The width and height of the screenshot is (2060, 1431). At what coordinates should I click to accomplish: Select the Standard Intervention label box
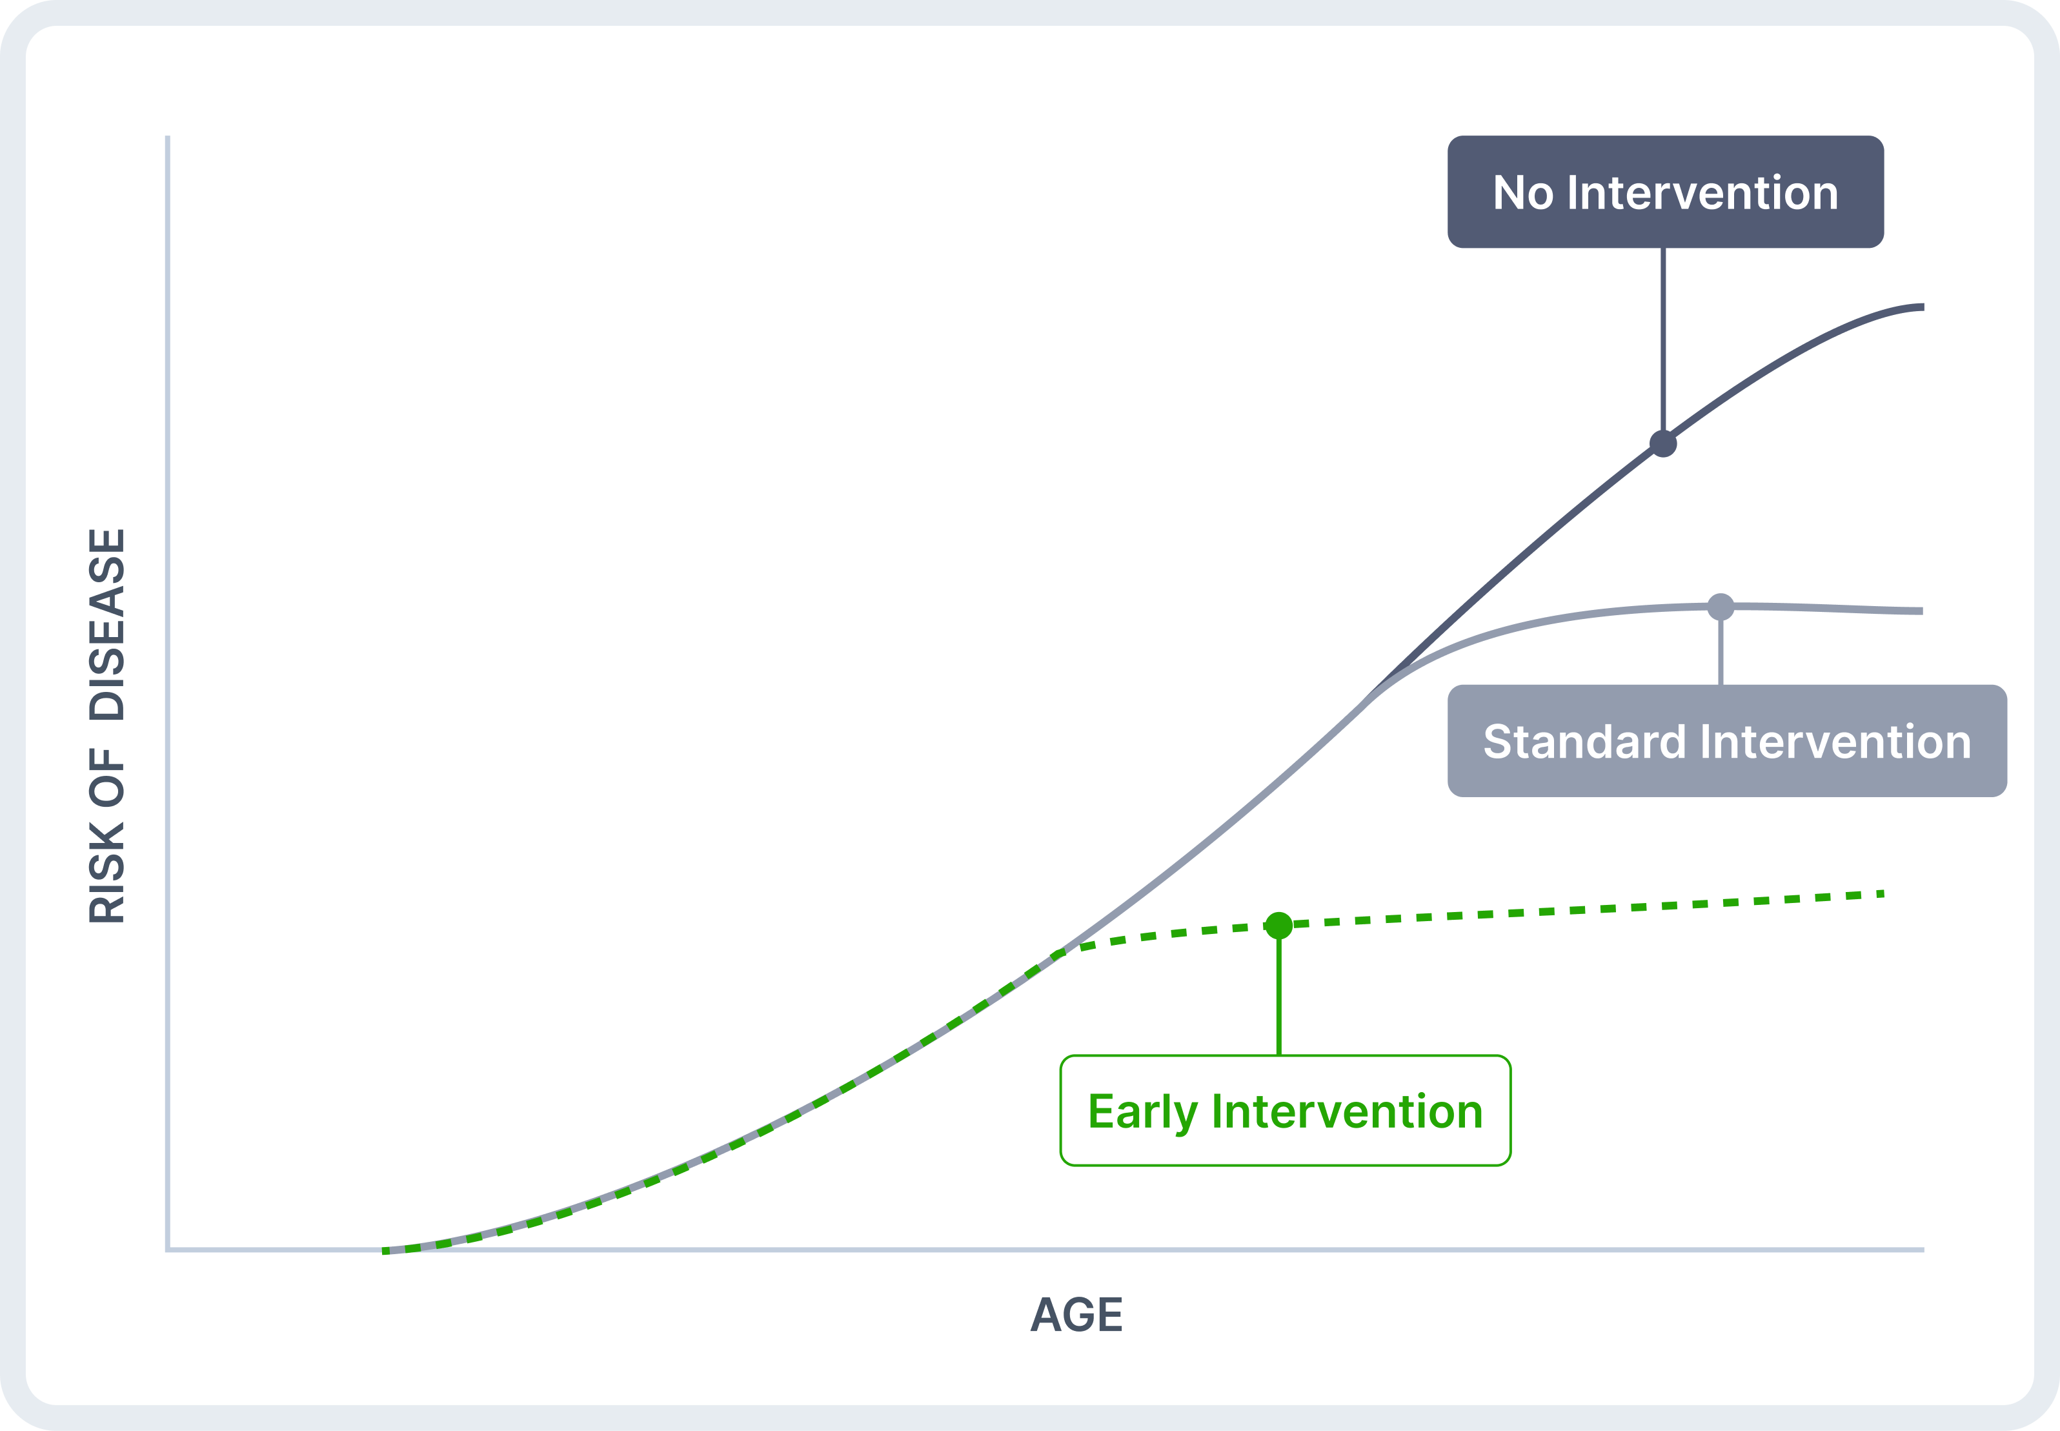1726,740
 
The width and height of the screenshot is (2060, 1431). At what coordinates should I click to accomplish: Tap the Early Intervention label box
1286,1111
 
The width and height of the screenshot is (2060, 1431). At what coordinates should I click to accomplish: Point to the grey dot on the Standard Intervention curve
1721,607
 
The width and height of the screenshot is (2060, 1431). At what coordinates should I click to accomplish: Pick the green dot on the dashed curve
1278,926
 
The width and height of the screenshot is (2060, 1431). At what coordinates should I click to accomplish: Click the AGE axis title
1076,1314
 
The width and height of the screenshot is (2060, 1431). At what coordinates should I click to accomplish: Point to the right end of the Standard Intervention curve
1923,611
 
